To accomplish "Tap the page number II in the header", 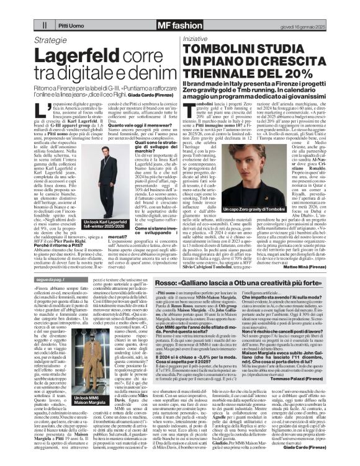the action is [44, 25].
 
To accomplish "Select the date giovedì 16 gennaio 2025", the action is [297, 25].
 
